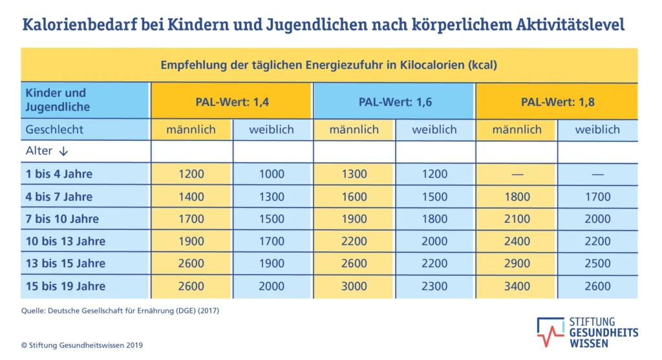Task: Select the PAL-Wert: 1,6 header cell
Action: coord(394,101)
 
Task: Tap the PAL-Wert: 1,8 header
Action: coord(557,101)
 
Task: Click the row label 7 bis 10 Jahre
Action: coord(62,219)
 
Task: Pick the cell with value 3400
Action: coord(516,286)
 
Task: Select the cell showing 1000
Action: coord(272,174)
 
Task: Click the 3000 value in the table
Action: coord(354,286)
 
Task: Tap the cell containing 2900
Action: coord(516,264)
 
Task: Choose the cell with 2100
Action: coord(516,219)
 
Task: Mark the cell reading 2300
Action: coord(434,286)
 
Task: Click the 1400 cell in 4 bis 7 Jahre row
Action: coord(191,196)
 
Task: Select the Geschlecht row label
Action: coord(54,130)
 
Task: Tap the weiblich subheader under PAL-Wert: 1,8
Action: coord(597,130)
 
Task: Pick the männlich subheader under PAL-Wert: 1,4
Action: coord(191,130)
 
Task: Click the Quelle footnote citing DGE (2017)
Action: coord(120,311)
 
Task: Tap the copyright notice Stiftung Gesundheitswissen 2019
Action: coord(82,345)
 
